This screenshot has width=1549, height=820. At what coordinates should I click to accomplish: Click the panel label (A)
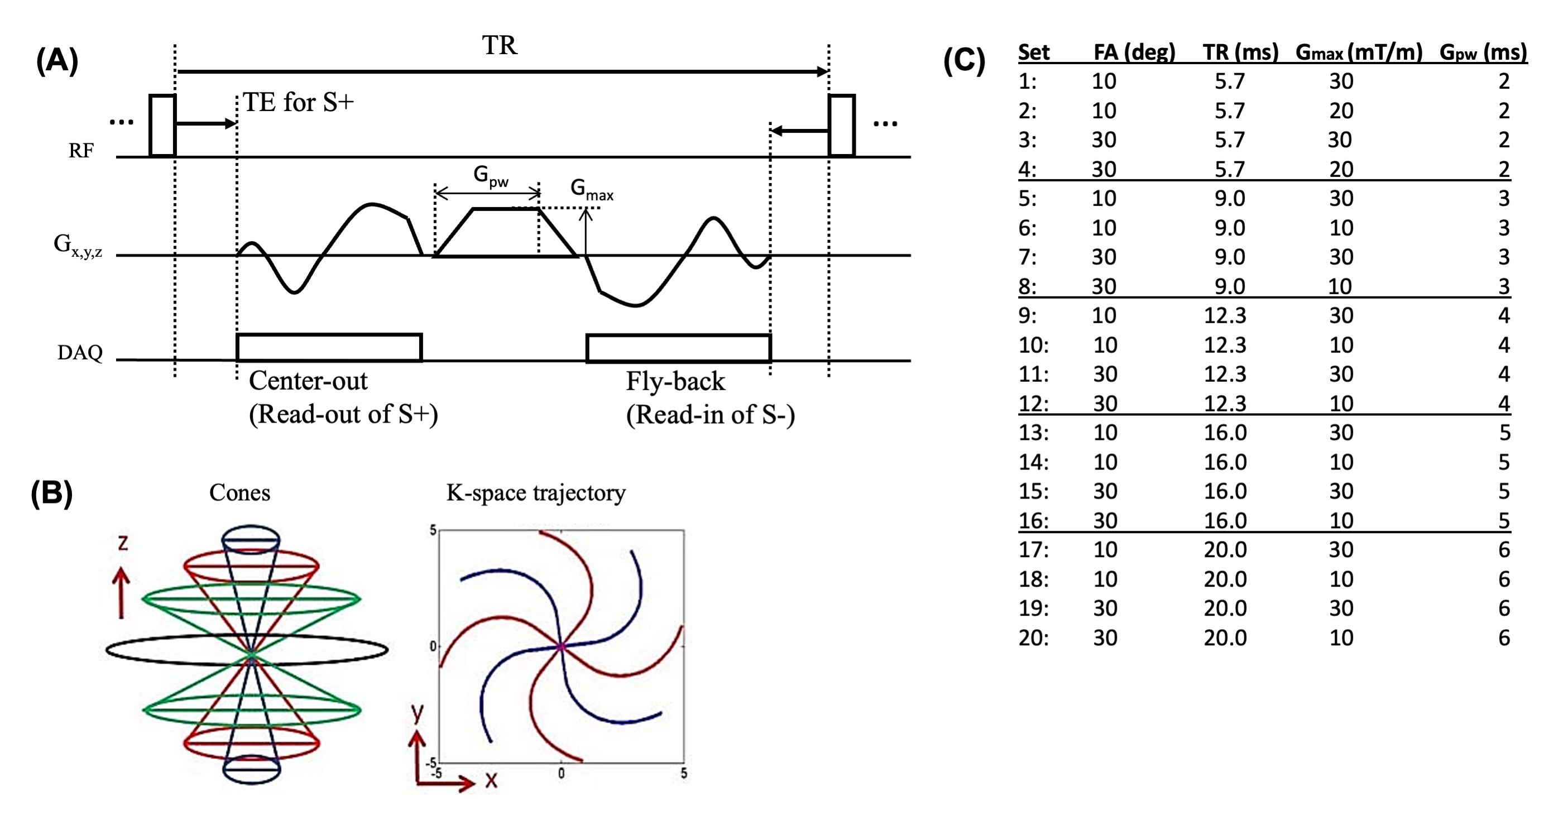tap(57, 61)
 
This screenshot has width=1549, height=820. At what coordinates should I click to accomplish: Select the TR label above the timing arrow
tap(499, 46)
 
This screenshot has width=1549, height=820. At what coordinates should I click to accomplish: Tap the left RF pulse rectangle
tap(162, 125)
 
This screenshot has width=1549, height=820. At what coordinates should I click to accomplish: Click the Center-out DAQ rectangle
tap(329, 347)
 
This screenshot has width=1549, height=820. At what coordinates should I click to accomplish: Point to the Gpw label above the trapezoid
tap(490, 175)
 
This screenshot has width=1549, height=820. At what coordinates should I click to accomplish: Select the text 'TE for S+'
tap(298, 103)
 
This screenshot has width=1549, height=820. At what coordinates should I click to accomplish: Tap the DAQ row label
tap(79, 352)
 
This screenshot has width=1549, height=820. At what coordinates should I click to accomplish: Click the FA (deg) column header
tap(1134, 52)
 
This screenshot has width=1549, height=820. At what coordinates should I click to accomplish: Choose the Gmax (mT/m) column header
tap(1359, 52)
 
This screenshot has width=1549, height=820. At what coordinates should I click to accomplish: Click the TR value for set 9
tap(1225, 315)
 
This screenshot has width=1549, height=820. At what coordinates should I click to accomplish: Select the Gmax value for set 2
tap(1341, 111)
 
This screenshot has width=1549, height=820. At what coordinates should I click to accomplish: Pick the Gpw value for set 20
tap(1503, 637)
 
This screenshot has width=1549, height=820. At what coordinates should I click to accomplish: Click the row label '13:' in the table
tap(1033, 433)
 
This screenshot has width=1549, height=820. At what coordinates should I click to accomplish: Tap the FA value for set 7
tap(1104, 257)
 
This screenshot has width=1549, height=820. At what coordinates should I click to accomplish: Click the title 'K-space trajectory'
tap(535, 493)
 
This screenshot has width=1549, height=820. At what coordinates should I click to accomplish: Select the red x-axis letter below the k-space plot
tap(491, 781)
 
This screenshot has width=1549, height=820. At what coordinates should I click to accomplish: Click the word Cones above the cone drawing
tap(239, 493)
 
